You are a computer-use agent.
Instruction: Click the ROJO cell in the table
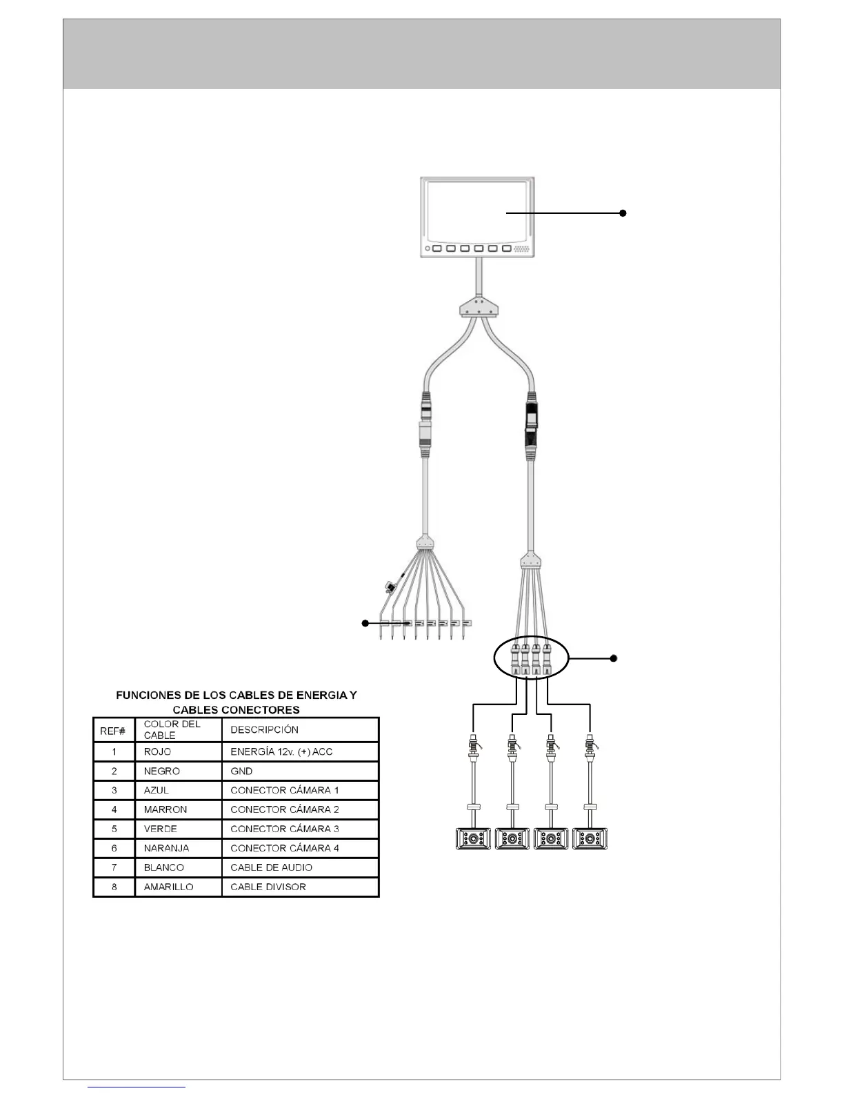[x=157, y=751]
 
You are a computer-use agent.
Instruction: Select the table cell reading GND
[x=241, y=771]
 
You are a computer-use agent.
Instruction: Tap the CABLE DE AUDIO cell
[x=271, y=867]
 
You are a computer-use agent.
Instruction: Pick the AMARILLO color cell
[x=168, y=887]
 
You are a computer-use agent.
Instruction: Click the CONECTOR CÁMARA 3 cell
[x=284, y=829]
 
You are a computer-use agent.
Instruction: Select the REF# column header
[x=113, y=730]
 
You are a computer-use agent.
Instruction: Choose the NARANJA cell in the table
[x=166, y=848]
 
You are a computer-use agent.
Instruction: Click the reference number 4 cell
[x=114, y=809]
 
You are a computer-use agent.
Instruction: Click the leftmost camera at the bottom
[x=473, y=838]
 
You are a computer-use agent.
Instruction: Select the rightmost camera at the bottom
[x=590, y=838]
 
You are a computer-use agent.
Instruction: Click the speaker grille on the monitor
[x=522, y=248]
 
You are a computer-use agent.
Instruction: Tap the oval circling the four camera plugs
[x=531, y=659]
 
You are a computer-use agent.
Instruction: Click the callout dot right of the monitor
[x=623, y=213]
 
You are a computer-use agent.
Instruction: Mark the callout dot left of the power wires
[x=365, y=623]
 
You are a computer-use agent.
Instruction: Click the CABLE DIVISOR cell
[x=268, y=887]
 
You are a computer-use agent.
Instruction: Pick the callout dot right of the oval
[x=614, y=658]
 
